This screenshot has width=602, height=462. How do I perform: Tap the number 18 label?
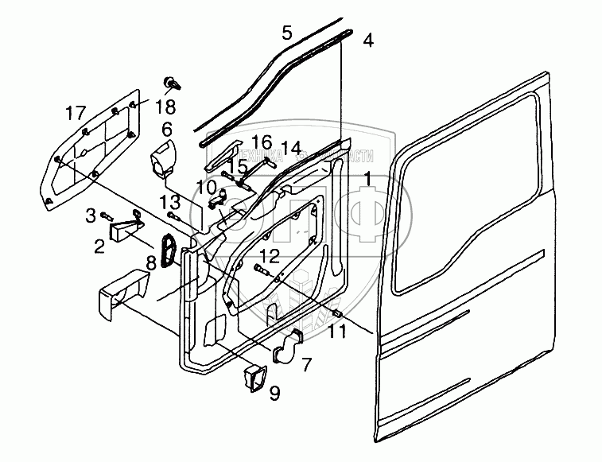pos(166,107)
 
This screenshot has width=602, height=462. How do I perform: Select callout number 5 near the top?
pos(287,33)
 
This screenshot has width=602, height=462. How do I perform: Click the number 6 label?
pos(167,129)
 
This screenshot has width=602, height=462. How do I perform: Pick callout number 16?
pos(262,142)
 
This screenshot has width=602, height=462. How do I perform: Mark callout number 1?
pos(367,177)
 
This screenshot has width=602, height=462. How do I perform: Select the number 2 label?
pos(99,246)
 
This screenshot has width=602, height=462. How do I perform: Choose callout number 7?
pos(306,364)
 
